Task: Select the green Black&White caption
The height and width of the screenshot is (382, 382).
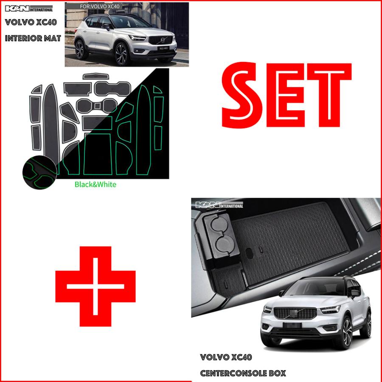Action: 95,185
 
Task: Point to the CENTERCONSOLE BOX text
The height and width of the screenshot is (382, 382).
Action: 243,374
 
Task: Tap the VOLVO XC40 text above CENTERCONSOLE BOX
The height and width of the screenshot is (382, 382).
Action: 226,358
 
